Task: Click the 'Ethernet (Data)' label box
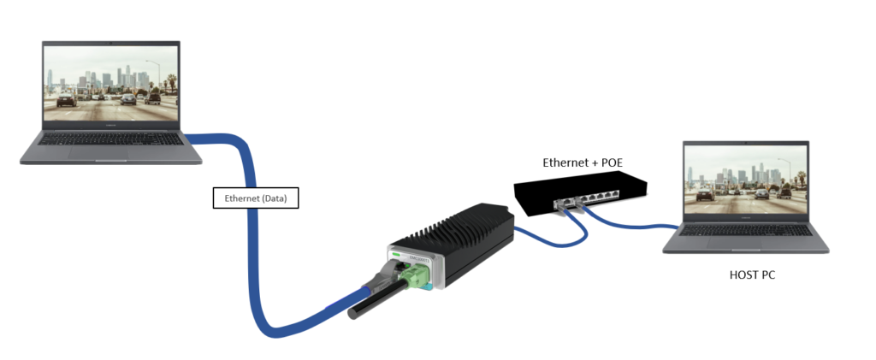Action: [256, 198]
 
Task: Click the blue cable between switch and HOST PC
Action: [633, 225]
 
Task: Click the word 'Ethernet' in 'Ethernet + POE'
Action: [564, 162]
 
